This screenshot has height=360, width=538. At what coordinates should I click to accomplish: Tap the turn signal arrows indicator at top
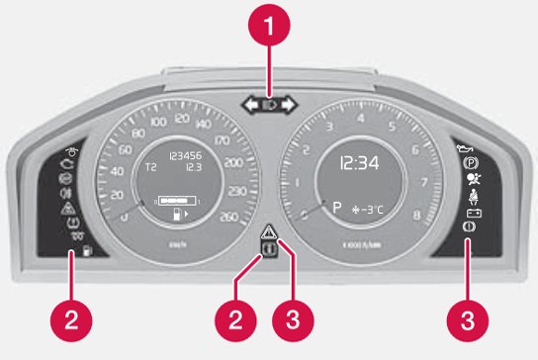coord(268,101)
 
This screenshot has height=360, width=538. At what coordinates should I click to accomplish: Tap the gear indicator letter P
coord(337,210)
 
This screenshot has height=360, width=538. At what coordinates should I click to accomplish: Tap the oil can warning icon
coord(464,148)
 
